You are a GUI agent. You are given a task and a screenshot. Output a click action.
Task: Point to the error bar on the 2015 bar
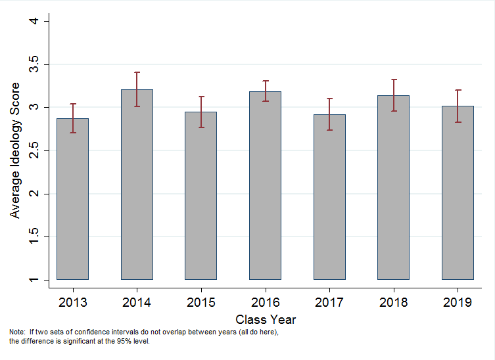[201, 112]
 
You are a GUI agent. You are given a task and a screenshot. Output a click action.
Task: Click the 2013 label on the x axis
[72, 302]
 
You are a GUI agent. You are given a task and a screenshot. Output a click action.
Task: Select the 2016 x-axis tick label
[266, 302]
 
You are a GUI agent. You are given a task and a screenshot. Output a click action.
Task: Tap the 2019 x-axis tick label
[458, 302]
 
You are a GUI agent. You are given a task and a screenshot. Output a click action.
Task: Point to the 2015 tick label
[201, 302]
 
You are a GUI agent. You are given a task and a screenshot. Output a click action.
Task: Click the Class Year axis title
[266, 320]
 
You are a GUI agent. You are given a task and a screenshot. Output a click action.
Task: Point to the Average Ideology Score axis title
[15, 150]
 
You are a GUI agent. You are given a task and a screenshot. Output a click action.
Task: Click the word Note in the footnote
[16, 332]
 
